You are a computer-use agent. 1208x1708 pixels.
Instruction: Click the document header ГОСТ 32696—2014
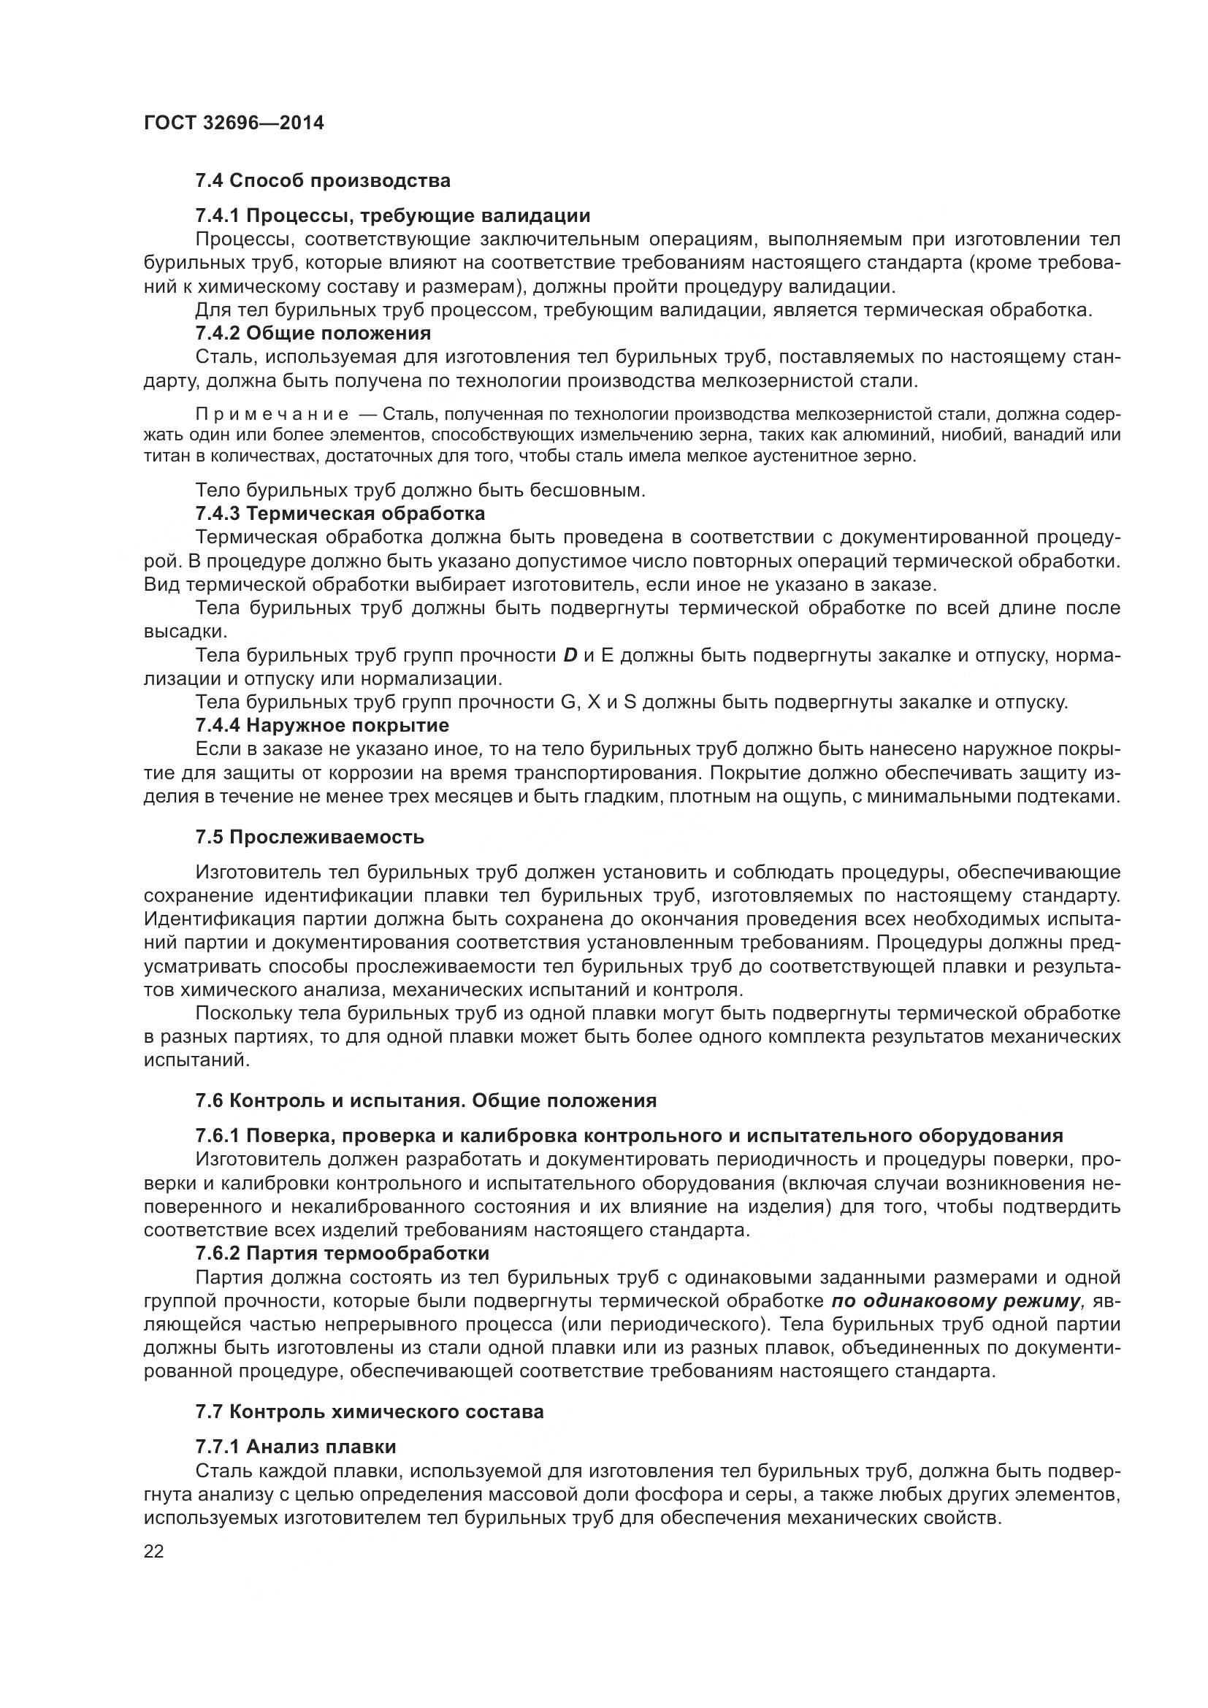234,123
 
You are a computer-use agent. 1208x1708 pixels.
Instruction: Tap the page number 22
154,1550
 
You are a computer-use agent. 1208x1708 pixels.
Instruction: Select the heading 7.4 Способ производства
323,181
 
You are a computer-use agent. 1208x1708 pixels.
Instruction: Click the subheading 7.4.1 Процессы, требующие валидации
393,215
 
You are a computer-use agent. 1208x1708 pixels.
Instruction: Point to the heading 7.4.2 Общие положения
313,332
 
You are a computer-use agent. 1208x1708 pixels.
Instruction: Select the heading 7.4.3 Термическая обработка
340,513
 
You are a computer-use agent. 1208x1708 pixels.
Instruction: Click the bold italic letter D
570,655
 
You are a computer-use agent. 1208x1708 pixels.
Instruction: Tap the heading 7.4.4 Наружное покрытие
322,724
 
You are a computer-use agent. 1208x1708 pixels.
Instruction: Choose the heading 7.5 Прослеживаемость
310,837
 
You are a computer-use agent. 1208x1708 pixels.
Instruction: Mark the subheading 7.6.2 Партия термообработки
342,1254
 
